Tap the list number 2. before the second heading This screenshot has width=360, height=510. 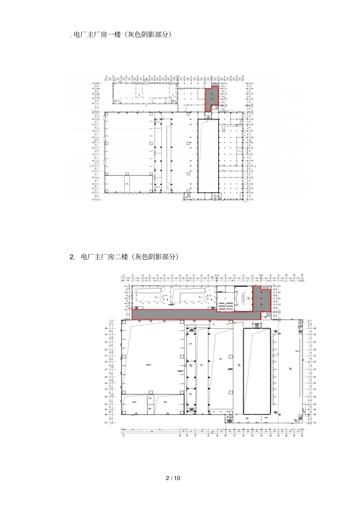[x=73, y=257]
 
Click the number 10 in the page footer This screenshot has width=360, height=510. [x=177, y=478]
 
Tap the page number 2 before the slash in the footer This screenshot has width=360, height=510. [x=168, y=478]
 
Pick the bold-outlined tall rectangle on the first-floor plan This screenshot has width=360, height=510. [x=208, y=155]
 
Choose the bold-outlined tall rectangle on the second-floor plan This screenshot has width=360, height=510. [x=257, y=371]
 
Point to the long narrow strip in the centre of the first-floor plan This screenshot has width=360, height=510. [x=167, y=155]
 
